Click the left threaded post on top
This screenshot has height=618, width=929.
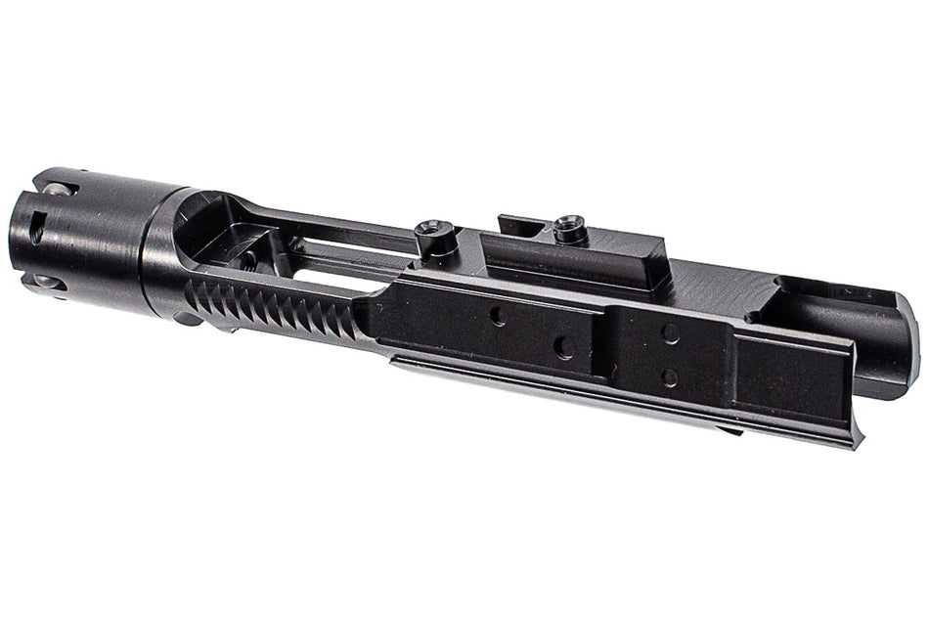tap(426, 232)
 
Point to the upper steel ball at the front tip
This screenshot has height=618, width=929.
tap(57, 189)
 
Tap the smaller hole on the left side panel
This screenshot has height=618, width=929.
tap(498, 316)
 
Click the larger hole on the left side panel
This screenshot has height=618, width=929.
tap(563, 347)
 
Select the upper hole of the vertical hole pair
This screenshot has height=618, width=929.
tap(670, 333)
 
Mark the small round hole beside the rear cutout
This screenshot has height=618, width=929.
tap(753, 316)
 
